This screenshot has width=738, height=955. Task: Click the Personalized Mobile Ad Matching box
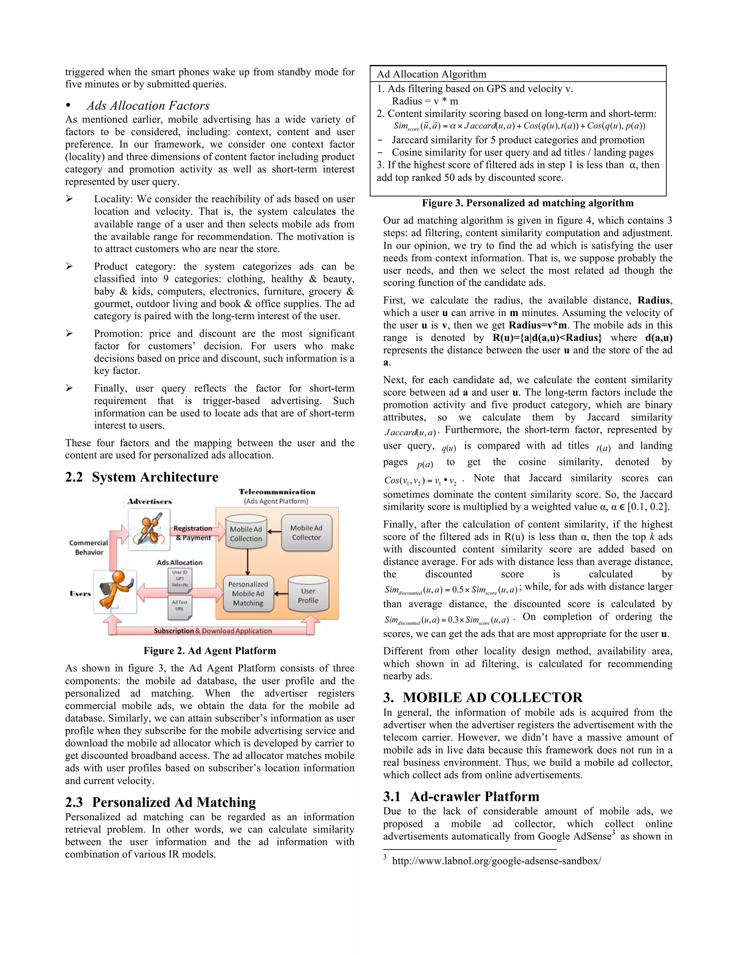coord(248,594)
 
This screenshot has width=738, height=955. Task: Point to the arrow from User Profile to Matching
coord(281,594)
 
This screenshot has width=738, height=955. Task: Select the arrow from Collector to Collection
coord(274,532)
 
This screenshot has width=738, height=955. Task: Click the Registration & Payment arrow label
coord(193,533)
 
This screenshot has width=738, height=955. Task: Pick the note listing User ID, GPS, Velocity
coord(180,578)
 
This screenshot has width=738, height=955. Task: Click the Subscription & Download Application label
coord(213,631)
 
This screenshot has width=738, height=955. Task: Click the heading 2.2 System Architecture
coord(142,477)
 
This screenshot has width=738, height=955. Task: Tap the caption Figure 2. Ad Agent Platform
coord(209,650)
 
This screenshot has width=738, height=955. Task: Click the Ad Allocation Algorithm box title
coord(431,74)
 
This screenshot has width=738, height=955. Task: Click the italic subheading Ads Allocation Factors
coord(148,106)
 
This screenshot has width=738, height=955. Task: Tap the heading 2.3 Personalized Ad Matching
coord(160,803)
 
